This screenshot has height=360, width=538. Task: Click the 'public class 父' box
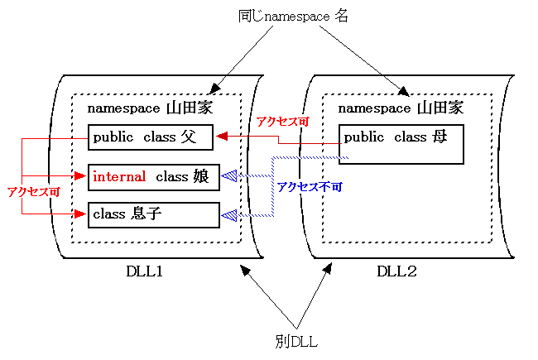point(150,137)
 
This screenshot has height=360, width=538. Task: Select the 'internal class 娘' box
point(154,177)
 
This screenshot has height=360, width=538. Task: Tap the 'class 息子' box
point(154,214)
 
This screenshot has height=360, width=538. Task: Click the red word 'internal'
point(119,176)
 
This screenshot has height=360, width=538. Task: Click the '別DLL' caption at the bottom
point(297,340)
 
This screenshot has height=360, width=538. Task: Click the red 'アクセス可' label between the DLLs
point(282,122)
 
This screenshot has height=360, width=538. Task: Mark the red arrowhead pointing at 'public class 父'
point(221,137)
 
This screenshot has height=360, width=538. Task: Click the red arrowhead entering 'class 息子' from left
point(81,214)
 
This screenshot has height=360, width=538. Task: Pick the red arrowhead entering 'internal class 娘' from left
point(81,176)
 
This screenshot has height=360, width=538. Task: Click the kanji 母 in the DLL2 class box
point(439,137)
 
